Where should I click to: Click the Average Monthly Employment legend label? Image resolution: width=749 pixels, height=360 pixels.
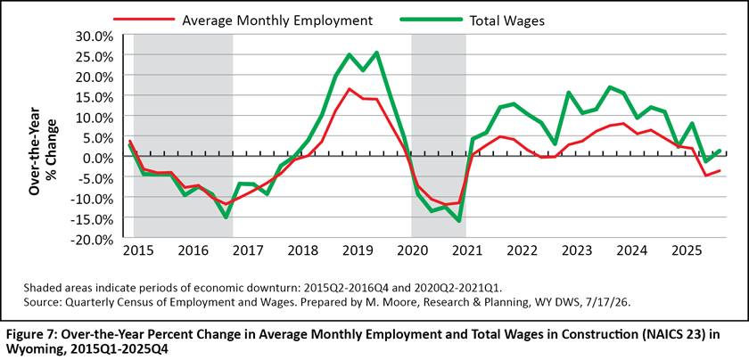[277, 20]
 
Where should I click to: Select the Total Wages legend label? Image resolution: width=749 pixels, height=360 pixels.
[507, 21]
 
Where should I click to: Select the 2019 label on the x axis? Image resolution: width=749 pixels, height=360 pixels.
[357, 251]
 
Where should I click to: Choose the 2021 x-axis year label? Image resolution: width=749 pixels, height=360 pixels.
[467, 251]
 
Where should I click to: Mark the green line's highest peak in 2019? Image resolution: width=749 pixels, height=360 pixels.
[377, 53]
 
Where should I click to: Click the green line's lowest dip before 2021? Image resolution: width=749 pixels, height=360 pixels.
[458, 221]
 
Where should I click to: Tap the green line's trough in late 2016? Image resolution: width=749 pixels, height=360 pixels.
[226, 217]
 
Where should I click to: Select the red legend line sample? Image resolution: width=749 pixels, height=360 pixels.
[144, 20]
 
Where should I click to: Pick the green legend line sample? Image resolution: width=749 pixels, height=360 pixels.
[431, 20]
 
